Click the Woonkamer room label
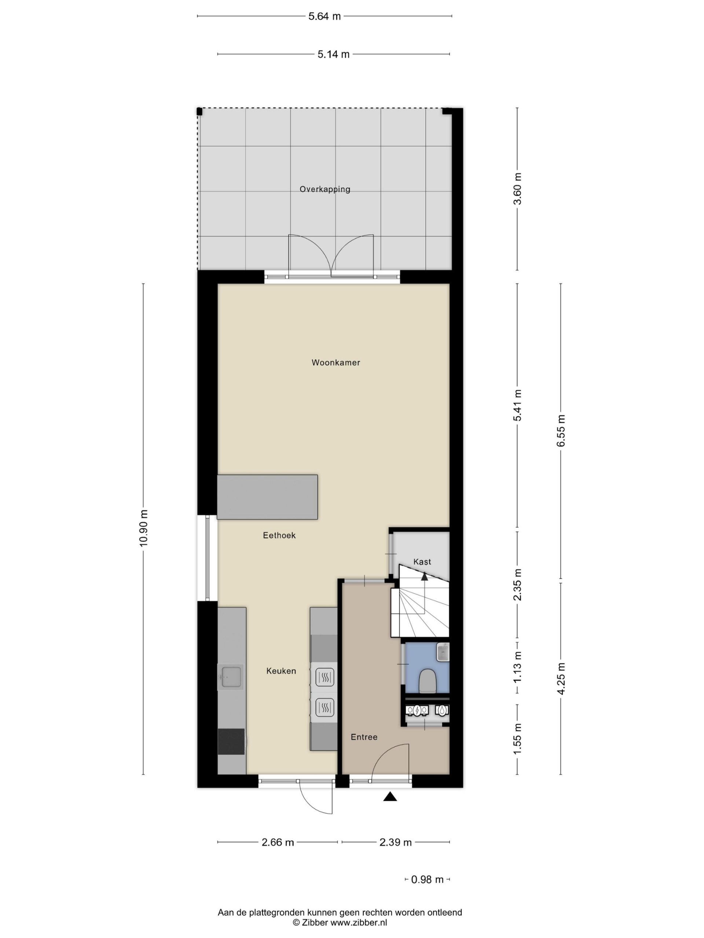pyautogui.click(x=335, y=363)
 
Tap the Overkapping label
pyautogui.click(x=324, y=189)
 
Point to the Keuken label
pyautogui.click(x=281, y=671)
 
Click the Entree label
pyautogui.click(x=364, y=737)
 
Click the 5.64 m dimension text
pyautogui.click(x=324, y=16)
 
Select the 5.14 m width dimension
pyautogui.click(x=334, y=54)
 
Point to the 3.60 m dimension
pyautogui.click(x=517, y=189)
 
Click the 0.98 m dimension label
pyautogui.click(x=427, y=879)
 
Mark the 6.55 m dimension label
pyautogui.click(x=561, y=431)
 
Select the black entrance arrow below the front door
pyautogui.click(x=390, y=797)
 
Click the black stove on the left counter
pyautogui.click(x=231, y=742)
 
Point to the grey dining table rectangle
pyautogui.click(x=267, y=497)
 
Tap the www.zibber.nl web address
pyautogui.click(x=359, y=922)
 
